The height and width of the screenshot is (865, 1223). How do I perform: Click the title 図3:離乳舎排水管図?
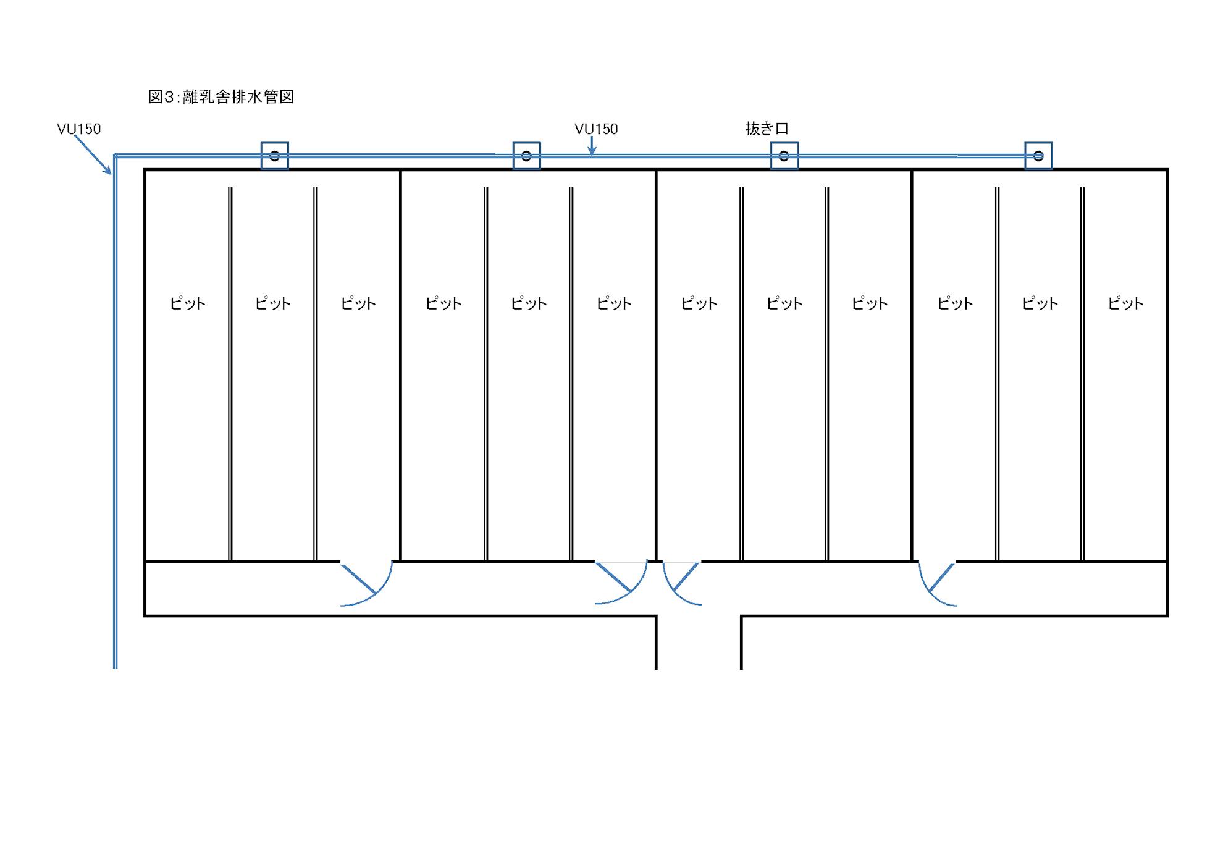pos(221,97)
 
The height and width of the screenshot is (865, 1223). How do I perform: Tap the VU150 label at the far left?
pos(78,129)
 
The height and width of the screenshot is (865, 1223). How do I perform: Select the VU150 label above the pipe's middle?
pos(596,129)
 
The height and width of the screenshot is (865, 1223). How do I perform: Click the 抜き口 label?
pos(767,129)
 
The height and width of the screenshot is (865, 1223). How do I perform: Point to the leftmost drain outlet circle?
pos(275,156)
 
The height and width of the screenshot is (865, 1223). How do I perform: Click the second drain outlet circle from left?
pos(526,156)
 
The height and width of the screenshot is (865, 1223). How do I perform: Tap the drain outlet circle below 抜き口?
pos(784,156)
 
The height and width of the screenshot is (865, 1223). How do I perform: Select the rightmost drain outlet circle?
pos(1038,156)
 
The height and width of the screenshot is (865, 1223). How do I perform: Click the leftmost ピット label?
pos(188,303)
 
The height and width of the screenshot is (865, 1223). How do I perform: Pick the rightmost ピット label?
pos(1125,303)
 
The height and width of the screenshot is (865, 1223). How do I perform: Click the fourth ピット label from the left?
pos(443,303)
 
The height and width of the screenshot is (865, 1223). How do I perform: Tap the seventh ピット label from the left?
pos(699,303)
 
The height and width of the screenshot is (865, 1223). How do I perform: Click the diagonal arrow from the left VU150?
pos(93,154)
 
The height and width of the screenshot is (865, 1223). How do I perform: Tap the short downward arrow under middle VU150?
pos(592,146)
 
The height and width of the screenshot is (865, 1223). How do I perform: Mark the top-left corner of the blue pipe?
pos(115,155)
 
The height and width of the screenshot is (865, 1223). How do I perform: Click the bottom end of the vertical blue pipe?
pos(115,668)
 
